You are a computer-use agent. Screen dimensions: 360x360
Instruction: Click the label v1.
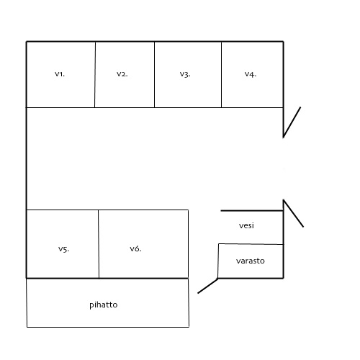click(60, 74)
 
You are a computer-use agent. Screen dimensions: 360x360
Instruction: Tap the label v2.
click(122, 74)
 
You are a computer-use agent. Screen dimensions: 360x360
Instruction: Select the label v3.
click(185, 74)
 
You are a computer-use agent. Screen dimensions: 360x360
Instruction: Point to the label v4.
click(251, 74)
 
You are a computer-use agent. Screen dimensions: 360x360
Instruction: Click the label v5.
click(63, 249)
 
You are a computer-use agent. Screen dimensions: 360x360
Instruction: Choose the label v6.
click(135, 249)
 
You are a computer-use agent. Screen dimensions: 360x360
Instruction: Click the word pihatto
click(104, 305)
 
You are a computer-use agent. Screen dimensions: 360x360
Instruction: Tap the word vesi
click(246, 225)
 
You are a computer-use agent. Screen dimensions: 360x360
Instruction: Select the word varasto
click(251, 261)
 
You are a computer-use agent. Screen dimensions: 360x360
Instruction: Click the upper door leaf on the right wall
click(292, 122)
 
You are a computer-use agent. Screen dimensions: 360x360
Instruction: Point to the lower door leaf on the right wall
click(293, 213)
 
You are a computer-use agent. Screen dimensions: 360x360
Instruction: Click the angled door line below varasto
click(208, 286)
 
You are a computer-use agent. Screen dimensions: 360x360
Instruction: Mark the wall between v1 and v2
click(95, 75)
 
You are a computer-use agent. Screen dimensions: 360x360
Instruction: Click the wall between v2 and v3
click(154, 75)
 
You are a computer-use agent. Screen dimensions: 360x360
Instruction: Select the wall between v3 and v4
click(221, 75)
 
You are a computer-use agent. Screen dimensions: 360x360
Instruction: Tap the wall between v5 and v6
click(99, 244)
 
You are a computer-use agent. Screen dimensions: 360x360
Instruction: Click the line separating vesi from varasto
click(251, 244)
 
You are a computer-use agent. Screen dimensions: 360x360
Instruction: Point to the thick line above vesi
click(252, 211)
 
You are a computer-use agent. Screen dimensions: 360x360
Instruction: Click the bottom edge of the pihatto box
click(108, 327)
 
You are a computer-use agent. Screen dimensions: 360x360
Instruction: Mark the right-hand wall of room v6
click(188, 244)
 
